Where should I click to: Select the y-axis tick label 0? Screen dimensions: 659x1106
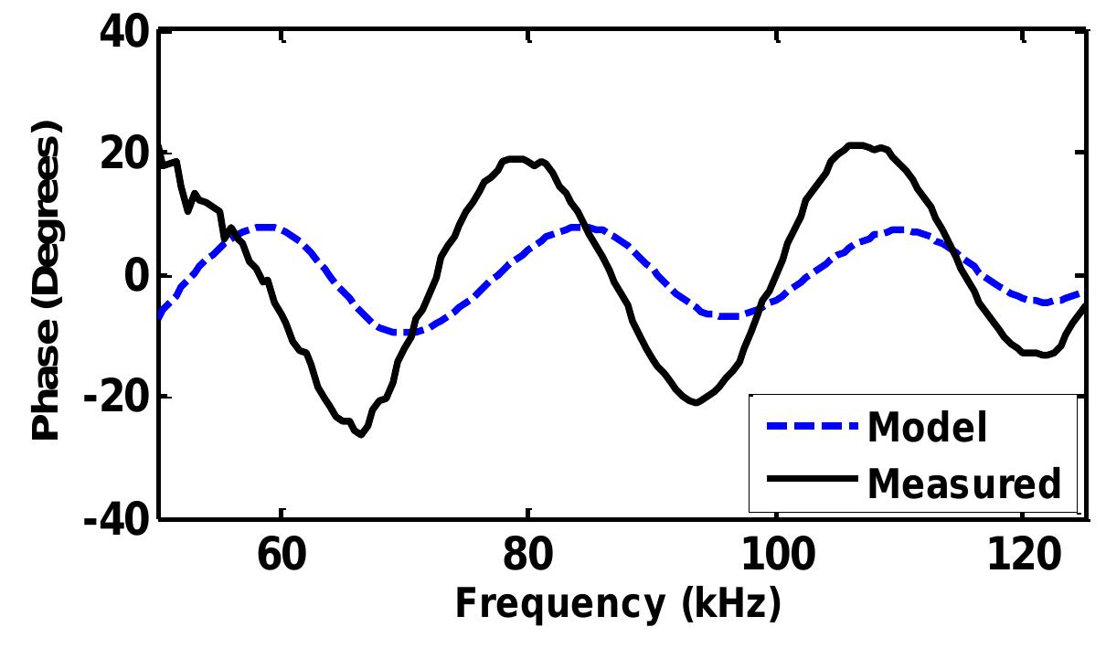click(136, 275)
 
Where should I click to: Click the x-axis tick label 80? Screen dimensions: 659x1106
click(528, 556)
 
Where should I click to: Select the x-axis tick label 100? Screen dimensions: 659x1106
click(775, 556)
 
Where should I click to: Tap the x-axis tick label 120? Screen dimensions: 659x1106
click(1022, 556)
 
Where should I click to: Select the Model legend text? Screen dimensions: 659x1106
click(927, 427)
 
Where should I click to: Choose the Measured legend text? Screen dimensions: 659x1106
click(963, 482)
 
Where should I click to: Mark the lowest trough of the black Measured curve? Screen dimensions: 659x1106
click(360, 434)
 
